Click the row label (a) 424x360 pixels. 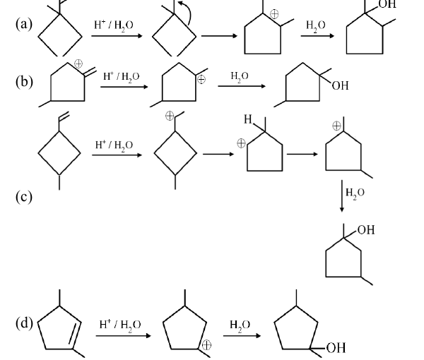(24, 25)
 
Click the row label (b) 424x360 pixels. (24, 81)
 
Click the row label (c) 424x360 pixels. (24, 196)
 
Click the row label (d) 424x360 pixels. (24, 323)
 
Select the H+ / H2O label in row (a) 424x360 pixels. (114, 25)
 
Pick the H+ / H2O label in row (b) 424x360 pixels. (121, 77)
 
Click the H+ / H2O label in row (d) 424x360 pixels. (120, 325)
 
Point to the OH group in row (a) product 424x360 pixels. (387, 4)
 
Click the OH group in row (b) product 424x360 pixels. (340, 86)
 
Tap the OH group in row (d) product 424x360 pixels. (336, 348)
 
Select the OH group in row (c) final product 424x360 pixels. (366, 230)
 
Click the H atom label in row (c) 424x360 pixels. (248, 119)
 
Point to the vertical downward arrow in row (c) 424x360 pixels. (342, 196)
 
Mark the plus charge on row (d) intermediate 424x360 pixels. (206, 345)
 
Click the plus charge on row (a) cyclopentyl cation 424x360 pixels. (274, 14)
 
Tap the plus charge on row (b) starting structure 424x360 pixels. (78, 64)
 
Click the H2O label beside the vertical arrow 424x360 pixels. (355, 193)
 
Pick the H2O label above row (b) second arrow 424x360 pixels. (240, 76)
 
